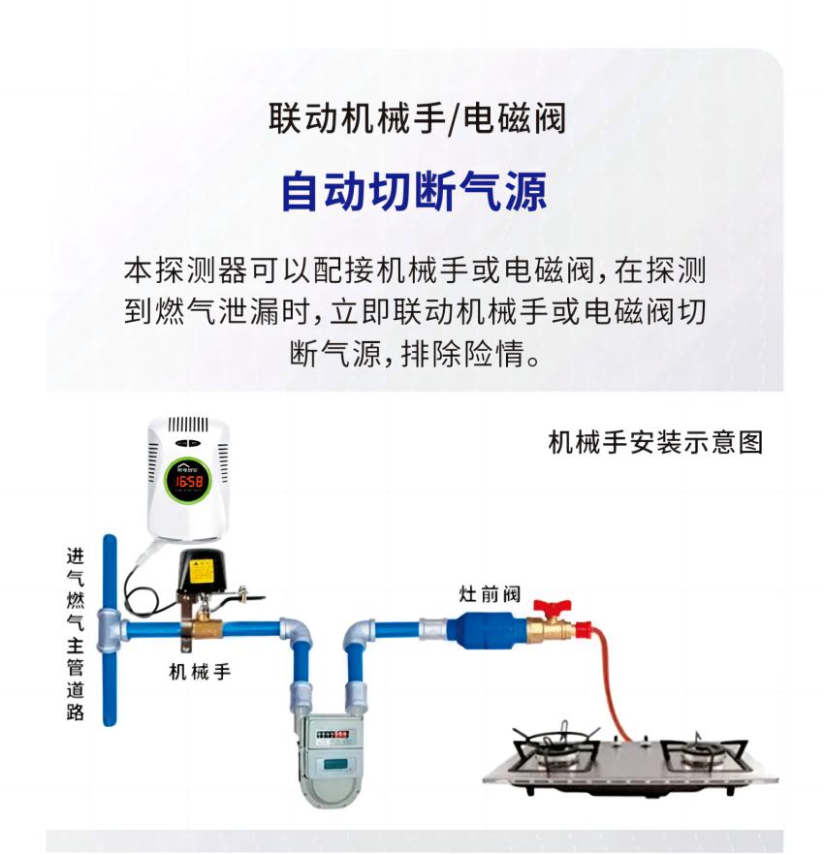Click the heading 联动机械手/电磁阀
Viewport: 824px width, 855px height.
tap(417, 118)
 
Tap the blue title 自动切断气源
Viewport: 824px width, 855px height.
tap(414, 191)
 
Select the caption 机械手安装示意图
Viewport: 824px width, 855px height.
tap(655, 442)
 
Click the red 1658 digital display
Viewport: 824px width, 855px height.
tap(189, 481)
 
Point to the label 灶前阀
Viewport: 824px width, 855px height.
tap(490, 594)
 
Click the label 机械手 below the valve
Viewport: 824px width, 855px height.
tap(200, 672)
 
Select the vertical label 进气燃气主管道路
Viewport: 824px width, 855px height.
tap(76, 634)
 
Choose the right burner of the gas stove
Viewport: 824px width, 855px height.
tap(702, 753)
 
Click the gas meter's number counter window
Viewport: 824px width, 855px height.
tap(332, 736)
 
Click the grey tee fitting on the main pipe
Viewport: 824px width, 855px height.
tap(110, 630)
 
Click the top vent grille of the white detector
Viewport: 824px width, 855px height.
tap(188, 425)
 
